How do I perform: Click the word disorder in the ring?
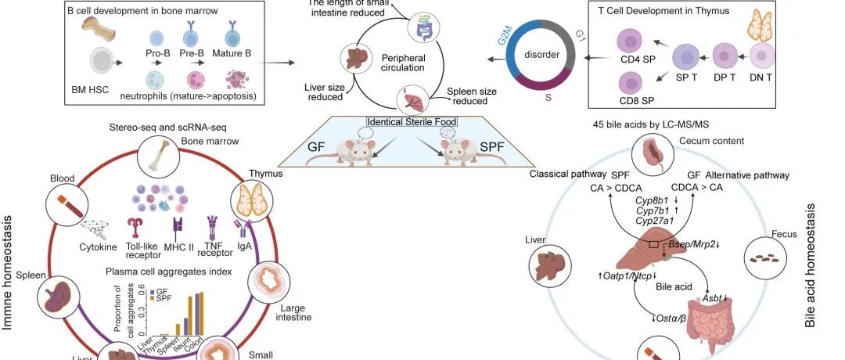[541, 56]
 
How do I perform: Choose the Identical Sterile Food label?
[412, 122]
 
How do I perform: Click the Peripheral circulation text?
[402, 63]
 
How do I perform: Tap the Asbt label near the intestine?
[712, 298]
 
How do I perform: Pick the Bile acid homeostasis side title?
[811, 266]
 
